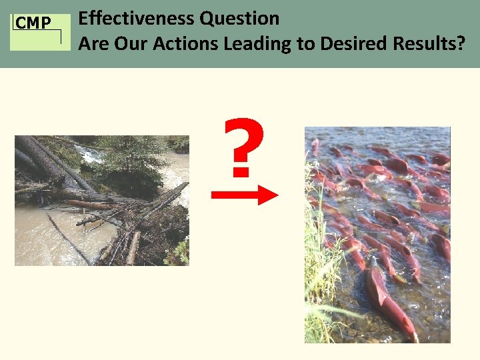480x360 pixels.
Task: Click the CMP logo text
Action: pos(33,23)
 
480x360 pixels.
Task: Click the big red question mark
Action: pos(243,148)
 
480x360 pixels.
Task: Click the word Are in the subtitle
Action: pos(93,45)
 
